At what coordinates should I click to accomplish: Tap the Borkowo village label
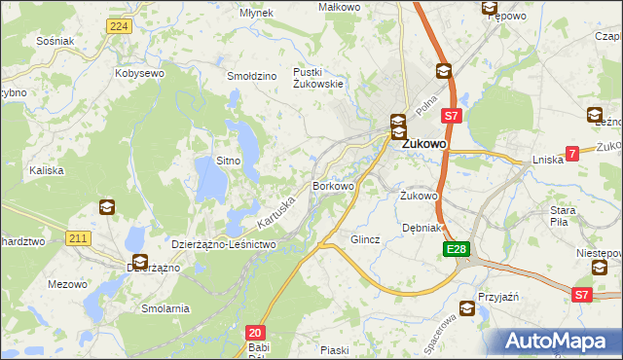tap(332, 184)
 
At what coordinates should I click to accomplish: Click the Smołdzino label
tap(252, 76)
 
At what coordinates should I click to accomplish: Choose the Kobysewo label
tap(138, 73)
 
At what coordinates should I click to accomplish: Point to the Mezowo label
tap(67, 284)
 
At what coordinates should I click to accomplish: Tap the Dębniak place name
tap(422, 228)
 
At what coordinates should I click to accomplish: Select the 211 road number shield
tap(79, 238)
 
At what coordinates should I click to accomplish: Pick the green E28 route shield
tap(458, 250)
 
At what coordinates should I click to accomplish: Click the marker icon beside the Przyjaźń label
tap(467, 310)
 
